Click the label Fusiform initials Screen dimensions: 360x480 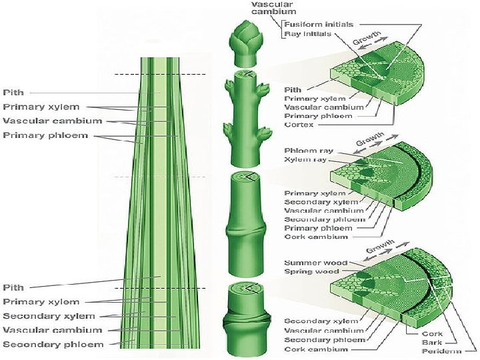pos(317,25)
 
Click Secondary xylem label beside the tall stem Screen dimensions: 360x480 pos(49,316)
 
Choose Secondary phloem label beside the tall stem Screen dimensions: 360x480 pos(53,344)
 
